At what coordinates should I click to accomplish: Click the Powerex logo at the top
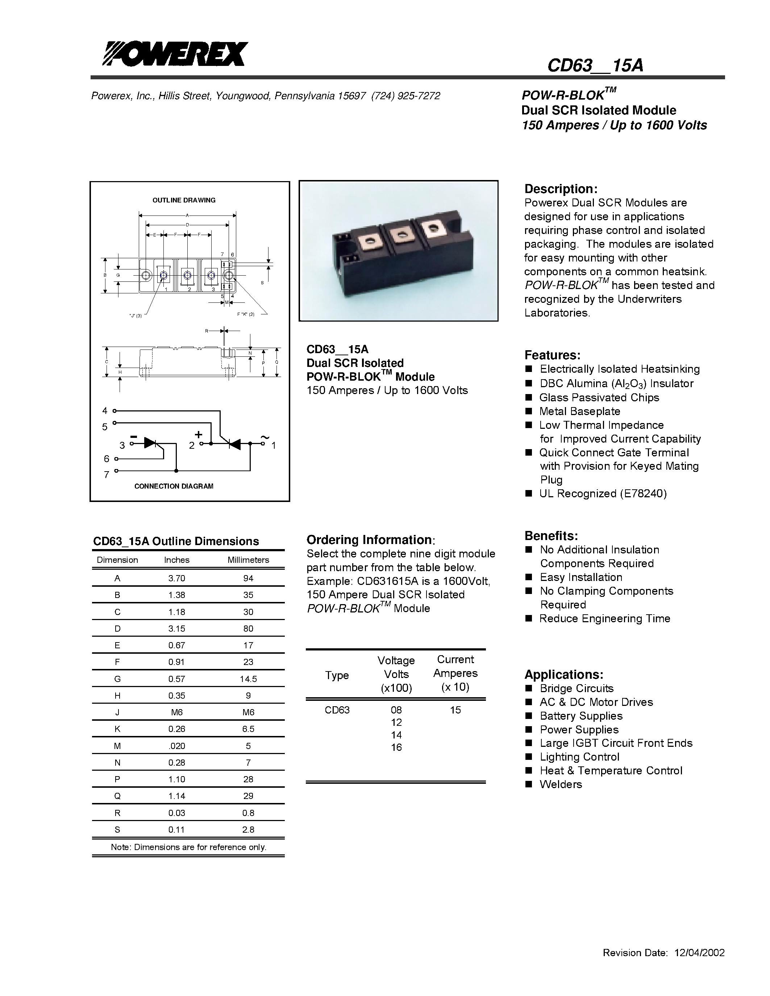click(175, 54)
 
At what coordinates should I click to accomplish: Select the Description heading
click(561, 189)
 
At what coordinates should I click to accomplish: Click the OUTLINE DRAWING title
click(184, 200)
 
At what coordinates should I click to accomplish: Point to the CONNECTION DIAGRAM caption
click(174, 486)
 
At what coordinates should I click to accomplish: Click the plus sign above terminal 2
click(199, 435)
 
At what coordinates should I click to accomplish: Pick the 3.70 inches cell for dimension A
click(176, 578)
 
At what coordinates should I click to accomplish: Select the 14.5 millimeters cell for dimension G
click(248, 679)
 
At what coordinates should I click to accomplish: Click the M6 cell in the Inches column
click(176, 712)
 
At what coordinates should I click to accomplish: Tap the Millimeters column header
click(248, 560)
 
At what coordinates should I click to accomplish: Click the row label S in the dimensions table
click(117, 829)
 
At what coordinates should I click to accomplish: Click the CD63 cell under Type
click(337, 710)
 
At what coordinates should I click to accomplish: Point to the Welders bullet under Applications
click(561, 784)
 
